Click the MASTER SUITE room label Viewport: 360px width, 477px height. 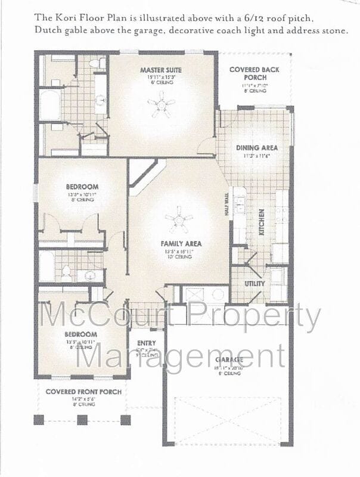click(x=161, y=70)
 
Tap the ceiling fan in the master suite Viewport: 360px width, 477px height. click(x=162, y=107)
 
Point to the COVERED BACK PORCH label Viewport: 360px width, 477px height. click(x=255, y=73)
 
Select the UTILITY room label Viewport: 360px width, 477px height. click(x=255, y=284)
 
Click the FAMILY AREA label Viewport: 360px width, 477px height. click(x=181, y=243)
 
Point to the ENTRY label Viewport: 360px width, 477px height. click(x=146, y=343)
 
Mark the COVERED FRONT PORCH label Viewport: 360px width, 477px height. click(x=84, y=392)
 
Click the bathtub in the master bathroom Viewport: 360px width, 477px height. click(x=49, y=105)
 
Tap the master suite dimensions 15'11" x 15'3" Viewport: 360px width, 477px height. click(x=161, y=77)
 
